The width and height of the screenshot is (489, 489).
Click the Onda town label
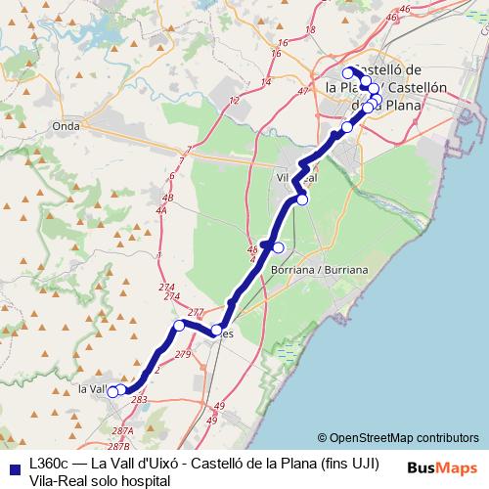pyautogui.click(x=67, y=125)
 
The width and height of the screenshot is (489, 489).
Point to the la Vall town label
pyautogui.click(x=91, y=389)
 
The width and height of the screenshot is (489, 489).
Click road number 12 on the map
pyautogui.click(x=233, y=101)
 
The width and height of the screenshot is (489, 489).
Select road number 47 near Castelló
pyautogui.click(x=302, y=91)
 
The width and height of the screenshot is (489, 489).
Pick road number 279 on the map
pyautogui.click(x=183, y=354)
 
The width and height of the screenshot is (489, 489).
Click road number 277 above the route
pyautogui.click(x=196, y=313)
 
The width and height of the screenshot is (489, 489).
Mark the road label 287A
pyautogui.click(x=122, y=430)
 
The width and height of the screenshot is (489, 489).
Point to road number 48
pyautogui.click(x=253, y=249)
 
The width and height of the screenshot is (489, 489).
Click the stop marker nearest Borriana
pyautogui.click(x=278, y=247)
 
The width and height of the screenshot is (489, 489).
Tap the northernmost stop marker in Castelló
pyautogui.click(x=347, y=72)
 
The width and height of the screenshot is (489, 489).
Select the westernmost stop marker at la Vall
pyautogui.click(x=112, y=392)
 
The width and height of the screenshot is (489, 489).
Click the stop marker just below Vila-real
pyautogui.click(x=302, y=200)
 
